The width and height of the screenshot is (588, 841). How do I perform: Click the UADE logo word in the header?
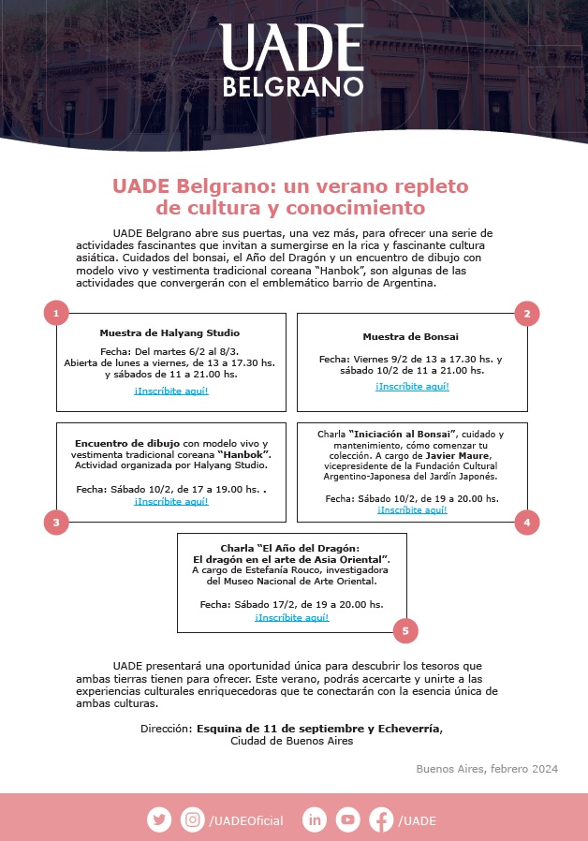coord(292,49)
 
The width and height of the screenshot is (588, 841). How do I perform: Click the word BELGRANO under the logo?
coord(292,87)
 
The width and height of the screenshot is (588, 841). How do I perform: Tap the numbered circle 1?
coord(56,314)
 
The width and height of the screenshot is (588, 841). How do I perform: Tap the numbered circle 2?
coord(527,314)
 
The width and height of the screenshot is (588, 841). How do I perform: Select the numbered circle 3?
coord(56,523)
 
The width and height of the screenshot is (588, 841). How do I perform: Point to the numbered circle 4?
coord(527,523)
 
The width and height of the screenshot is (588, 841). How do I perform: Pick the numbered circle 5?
coord(404,631)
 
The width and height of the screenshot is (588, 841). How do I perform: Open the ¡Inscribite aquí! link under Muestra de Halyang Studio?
coord(171,391)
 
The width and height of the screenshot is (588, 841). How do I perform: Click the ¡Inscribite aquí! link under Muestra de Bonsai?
coord(412,386)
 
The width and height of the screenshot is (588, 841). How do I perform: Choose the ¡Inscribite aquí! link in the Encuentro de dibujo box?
coord(171,501)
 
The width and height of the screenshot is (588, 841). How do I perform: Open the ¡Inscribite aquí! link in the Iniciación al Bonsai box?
coord(412,510)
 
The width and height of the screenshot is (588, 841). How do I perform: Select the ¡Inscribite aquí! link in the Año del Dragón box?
coord(291,618)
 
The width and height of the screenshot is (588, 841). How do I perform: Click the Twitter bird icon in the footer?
coord(159,819)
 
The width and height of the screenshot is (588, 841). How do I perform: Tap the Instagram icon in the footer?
coord(193,819)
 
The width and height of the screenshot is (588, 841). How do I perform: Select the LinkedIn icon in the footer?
coord(315,819)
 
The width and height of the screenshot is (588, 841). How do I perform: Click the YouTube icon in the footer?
coord(348,819)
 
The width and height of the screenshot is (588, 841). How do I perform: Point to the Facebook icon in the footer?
coord(381,819)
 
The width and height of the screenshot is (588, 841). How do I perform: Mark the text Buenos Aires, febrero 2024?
coord(487,769)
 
